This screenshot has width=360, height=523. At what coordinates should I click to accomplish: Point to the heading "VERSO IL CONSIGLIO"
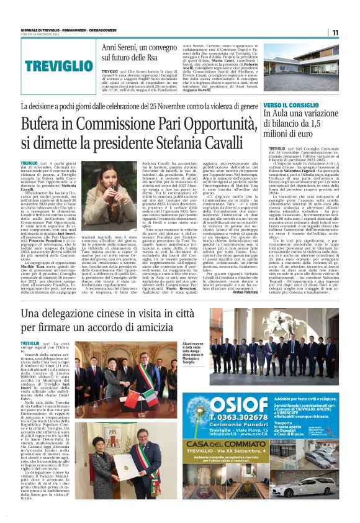click(291, 106)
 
